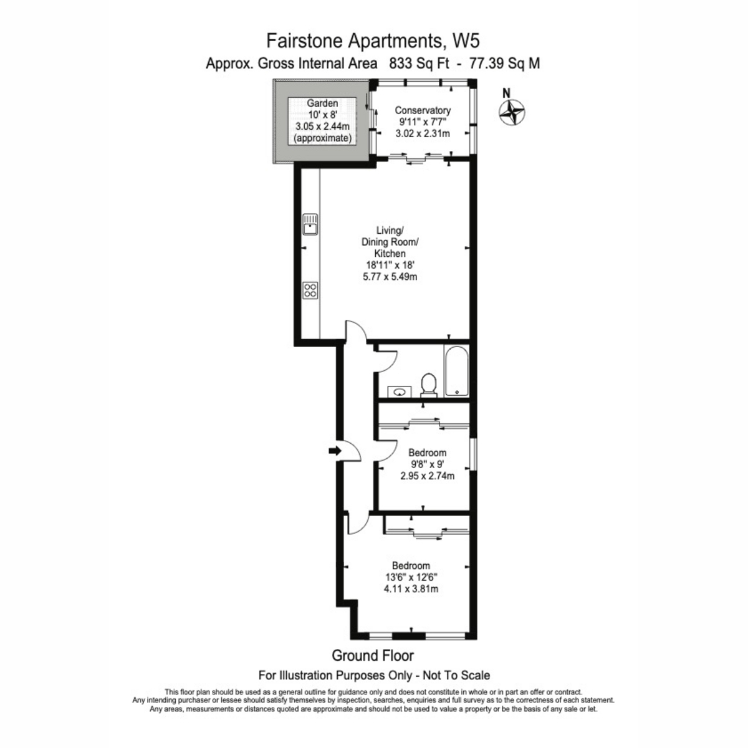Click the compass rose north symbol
point(512,113)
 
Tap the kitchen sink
point(310,224)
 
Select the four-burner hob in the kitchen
point(310,290)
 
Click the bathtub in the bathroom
point(456,371)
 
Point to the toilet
point(429,385)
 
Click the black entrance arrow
point(335,451)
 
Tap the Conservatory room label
point(423,110)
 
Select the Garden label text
point(322,103)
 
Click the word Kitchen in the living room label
point(390,254)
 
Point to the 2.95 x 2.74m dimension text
point(428,476)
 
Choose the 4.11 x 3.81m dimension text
point(411,589)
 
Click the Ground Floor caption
point(373,656)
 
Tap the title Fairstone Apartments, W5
point(373,41)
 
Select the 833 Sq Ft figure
point(419,64)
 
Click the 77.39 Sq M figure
point(504,64)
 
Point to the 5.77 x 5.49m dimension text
point(390,277)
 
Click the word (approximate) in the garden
point(322,138)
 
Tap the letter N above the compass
point(506,93)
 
